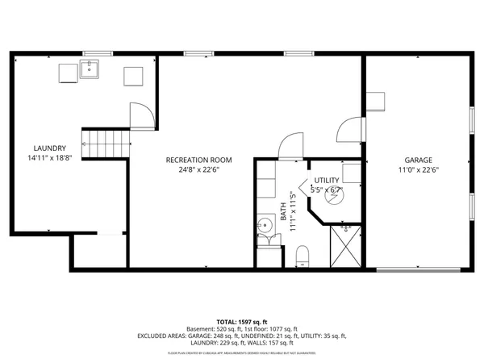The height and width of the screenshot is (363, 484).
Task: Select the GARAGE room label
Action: tap(418, 160)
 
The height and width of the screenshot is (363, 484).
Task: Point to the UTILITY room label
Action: tap(327, 180)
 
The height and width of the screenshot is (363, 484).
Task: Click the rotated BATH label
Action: tap(283, 211)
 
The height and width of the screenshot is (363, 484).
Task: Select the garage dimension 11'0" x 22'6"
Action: tap(418, 170)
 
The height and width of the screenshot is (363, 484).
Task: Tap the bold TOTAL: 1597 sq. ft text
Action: tap(241, 321)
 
